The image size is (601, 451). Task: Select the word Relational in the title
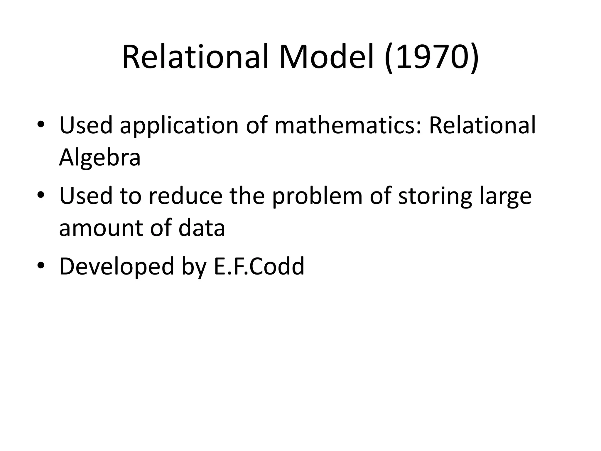(195, 57)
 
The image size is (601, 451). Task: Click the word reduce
(185, 196)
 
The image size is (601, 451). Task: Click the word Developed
(117, 267)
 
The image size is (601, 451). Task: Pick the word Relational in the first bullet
(482, 125)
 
